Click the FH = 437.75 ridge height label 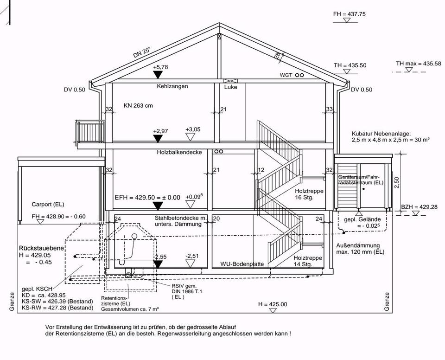[x=349, y=14]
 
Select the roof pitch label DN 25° [x=141, y=52]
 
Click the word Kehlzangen [x=172, y=86]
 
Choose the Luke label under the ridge [x=230, y=87]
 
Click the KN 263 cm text [x=138, y=105]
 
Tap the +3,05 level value [x=193, y=129]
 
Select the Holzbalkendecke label [x=179, y=152]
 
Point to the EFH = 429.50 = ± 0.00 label [x=147, y=197]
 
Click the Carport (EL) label [x=48, y=204]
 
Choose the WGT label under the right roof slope [x=286, y=75]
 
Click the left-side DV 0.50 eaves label [x=75, y=90]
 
